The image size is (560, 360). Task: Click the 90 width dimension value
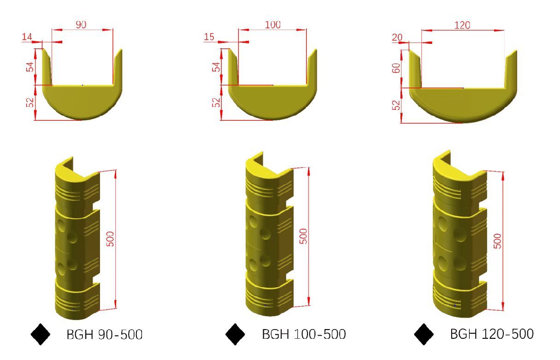81,24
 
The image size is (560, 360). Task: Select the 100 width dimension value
272,24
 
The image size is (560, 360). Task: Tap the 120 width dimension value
462,25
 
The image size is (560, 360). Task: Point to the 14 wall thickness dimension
27,37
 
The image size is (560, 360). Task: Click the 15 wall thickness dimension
209,37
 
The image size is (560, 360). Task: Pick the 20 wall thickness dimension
397,37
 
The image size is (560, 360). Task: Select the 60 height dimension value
396,68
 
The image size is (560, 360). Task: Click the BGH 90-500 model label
105,334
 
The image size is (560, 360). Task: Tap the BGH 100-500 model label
304,334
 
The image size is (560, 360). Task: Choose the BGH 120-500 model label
492,334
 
